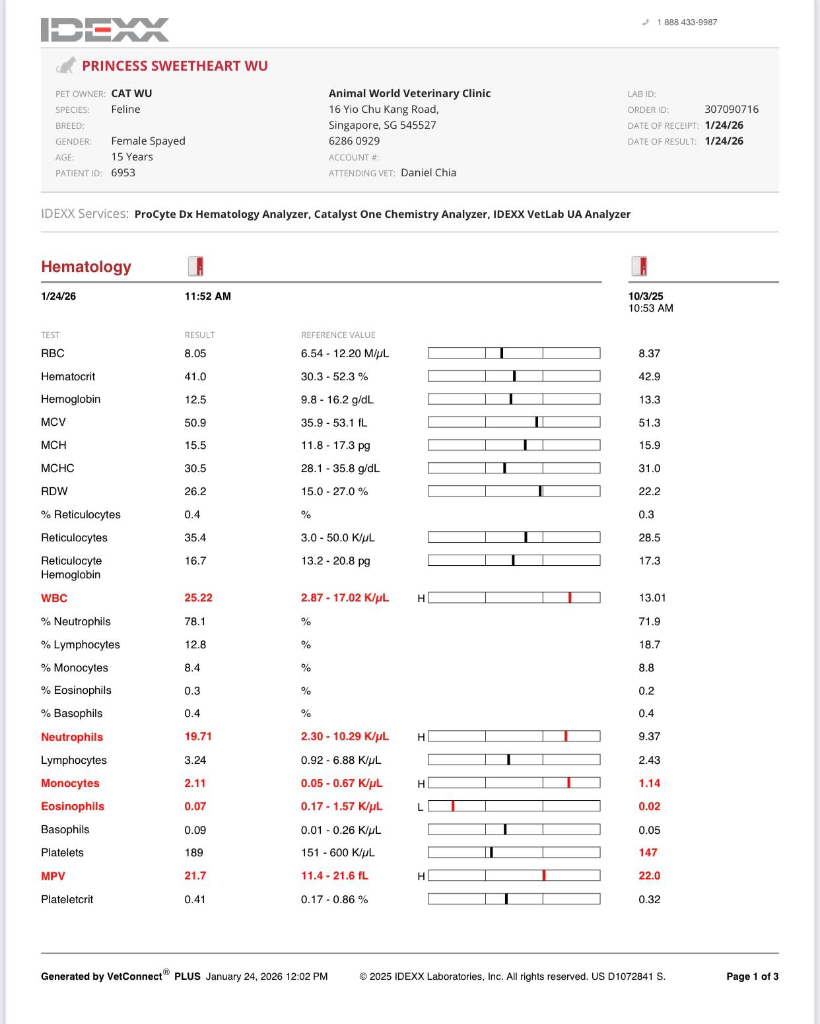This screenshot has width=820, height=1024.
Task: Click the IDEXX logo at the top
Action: (104, 30)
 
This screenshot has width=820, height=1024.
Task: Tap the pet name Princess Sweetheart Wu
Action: (174, 66)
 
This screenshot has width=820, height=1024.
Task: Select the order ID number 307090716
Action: (731, 110)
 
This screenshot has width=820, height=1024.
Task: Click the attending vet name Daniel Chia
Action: (428, 173)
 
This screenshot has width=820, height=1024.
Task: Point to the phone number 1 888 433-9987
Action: (687, 22)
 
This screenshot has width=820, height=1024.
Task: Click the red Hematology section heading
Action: (86, 267)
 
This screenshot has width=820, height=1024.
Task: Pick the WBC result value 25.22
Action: (198, 598)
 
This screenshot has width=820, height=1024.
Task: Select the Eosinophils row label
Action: (73, 807)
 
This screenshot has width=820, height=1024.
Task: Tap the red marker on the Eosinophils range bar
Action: (453, 806)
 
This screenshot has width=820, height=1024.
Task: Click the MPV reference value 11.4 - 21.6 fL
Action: (335, 876)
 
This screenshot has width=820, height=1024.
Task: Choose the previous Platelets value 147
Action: (648, 853)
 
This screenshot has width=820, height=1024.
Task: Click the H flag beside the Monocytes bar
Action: (421, 784)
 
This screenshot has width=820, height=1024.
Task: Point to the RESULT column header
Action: (199, 335)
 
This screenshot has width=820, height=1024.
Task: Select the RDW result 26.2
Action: (195, 492)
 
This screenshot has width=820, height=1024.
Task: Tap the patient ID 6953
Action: (123, 173)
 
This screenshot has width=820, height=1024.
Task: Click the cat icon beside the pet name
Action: (65, 65)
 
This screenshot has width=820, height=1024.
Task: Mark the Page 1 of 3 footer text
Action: (752, 976)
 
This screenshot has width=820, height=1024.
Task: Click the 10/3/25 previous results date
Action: (646, 296)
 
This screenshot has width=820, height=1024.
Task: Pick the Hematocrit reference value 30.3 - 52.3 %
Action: (334, 377)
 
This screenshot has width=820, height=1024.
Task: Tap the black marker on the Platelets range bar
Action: (491, 852)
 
